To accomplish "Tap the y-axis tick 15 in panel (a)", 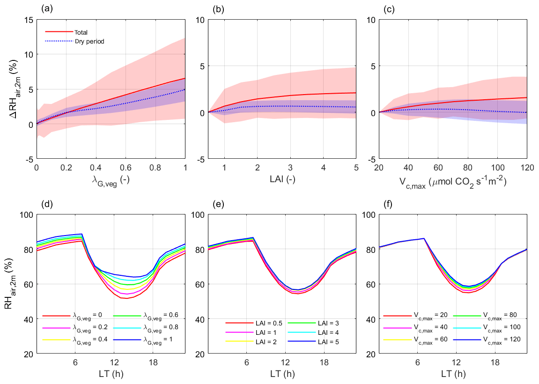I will point(28,20).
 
